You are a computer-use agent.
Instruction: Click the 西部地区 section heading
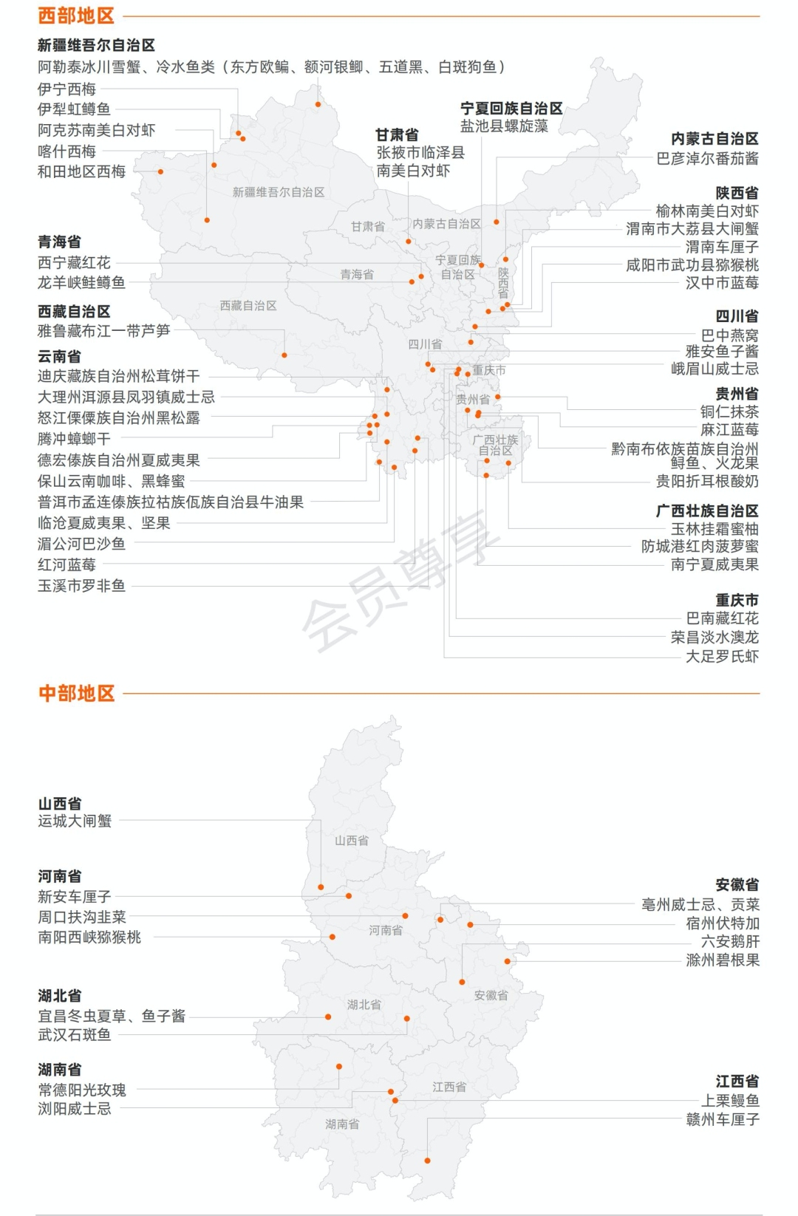coord(77,16)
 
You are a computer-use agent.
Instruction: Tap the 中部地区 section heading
coord(77,693)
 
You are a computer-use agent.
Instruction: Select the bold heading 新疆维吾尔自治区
coord(96,45)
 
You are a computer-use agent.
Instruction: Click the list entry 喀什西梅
coord(66,151)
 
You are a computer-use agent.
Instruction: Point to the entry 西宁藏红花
coord(74,262)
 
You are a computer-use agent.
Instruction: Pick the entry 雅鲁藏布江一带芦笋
coord(103,330)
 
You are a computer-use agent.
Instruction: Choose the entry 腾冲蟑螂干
coord(74,438)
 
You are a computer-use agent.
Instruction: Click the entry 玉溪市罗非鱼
coord(81,586)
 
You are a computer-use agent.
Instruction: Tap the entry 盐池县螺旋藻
coord(504,126)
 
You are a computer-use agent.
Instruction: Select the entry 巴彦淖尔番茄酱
coord(707,157)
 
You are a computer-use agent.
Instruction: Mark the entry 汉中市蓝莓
coord(721,282)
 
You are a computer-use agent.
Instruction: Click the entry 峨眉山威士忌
coord(714,368)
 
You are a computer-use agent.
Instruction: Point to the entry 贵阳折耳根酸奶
coord(706,481)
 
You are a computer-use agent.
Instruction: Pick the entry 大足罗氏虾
coord(721,655)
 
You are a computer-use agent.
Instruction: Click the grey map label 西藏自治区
coord(248,305)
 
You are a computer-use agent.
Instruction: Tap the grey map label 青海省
coord(357,274)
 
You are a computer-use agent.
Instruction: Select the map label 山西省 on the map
coord(351,840)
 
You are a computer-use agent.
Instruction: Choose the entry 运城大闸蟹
coord(75,820)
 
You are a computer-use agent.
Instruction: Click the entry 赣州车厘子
coord(722,1119)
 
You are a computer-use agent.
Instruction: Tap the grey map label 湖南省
coord(342,1124)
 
